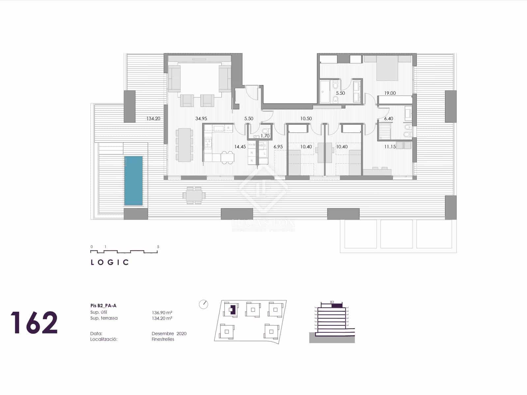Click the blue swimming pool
(133, 181)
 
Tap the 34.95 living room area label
(201, 118)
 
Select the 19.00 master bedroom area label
(390, 93)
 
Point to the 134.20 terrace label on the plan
(153, 118)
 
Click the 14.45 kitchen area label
(240, 147)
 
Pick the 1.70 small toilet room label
(265, 136)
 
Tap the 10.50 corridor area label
(306, 118)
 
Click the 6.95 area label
(278, 147)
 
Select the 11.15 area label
(390, 147)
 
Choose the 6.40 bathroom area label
(388, 118)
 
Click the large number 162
(34, 323)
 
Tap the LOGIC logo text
(110, 262)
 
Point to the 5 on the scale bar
(158, 247)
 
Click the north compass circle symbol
(204, 304)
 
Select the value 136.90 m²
(162, 312)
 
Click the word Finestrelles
(163, 339)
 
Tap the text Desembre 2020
(169, 333)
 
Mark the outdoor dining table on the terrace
(194, 196)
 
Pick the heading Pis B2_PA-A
(103, 305)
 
